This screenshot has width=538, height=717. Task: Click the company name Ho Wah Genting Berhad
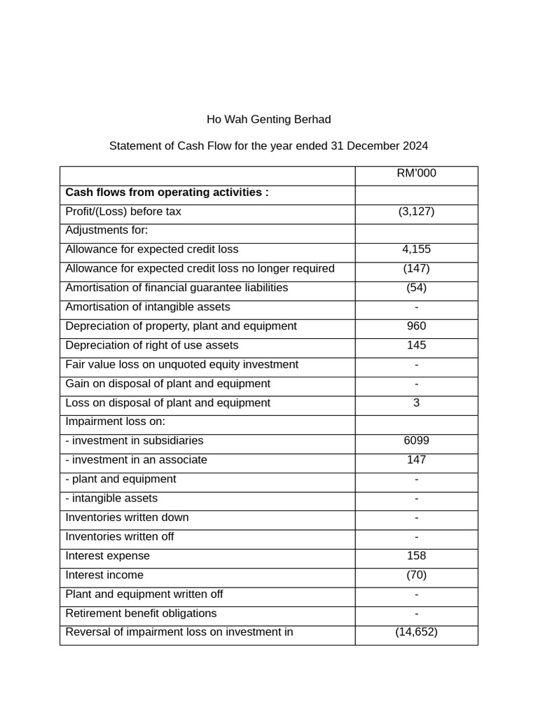(x=268, y=120)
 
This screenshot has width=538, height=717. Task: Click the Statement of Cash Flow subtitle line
(x=268, y=146)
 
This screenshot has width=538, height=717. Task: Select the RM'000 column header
(x=416, y=174)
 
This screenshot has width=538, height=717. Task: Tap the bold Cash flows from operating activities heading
(x=167, y=193)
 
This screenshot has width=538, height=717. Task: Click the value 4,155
(x=416, y=250)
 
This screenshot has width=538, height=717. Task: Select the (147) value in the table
(x=416, y=269)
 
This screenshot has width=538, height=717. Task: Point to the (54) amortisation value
(x=416, y=288)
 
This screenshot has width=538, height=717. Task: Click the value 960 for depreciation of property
(x=416, y=326)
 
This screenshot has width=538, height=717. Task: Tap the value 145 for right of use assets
(x=416, y=345)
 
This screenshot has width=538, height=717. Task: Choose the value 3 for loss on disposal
(x=416, y=403)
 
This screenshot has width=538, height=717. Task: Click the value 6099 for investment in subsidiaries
(x=416, y=441)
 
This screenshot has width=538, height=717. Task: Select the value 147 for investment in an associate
(x=416, y=460)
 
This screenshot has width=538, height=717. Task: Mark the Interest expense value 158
(x=416, y=556)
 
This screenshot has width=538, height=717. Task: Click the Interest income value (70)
(x=416, y=575)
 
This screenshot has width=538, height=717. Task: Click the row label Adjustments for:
(x=106, y=230)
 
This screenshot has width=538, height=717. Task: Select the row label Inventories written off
(x=119, y=537)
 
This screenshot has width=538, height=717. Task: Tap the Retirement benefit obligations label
(x=141, y=613)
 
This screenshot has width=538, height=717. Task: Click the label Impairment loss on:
(x=115, y=422)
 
